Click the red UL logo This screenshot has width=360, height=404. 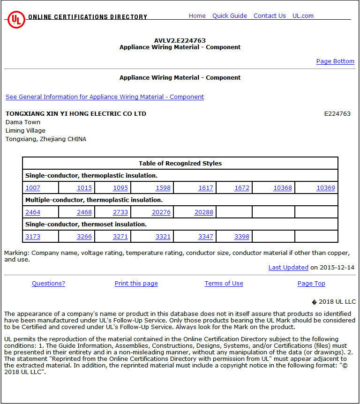pos(16,19)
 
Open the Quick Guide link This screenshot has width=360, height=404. pos(229,16)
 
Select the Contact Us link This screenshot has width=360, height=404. pos(270,16)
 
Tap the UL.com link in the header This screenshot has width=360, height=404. pos(303,16)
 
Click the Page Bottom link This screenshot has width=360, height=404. pos(335,61)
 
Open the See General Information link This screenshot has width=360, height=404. pos(105,97)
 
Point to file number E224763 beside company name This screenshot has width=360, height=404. pos(337,114)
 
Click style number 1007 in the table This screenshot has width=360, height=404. pos(33,188)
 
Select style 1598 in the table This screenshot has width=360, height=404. pos(163,188)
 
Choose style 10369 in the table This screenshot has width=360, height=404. pos(325,188)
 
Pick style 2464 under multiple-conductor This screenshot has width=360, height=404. pos(33,212)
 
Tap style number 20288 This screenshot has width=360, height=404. pos(203,212)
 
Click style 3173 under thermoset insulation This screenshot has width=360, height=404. pos(33,237)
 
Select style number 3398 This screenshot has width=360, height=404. pos(241,237)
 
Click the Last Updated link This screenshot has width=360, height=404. pos(288,268)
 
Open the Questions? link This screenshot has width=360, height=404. pos(48,284)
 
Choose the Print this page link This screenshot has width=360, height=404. pos(136,284)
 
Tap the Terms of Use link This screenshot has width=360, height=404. pos(224,284)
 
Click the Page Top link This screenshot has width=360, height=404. pos(311,284)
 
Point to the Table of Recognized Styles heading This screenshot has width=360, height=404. pos(180,164)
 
